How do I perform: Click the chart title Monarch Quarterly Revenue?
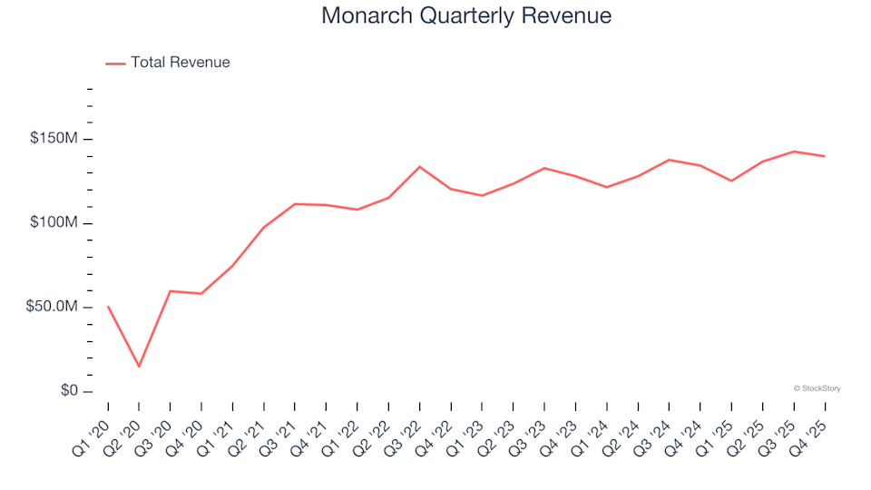pos(466,16)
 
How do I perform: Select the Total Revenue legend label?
pos(180,63)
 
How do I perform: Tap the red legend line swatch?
pos(115,64)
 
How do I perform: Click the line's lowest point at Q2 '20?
pos(139,367)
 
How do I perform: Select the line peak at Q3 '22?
pos(419,167)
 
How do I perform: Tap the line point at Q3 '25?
pos(793,152)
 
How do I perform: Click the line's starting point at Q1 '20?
pos(108,307)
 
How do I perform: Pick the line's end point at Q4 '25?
pos(824,156)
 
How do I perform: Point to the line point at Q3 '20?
pos(171,291)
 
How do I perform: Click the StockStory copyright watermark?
pos(817,388)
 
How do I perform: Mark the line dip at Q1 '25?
pos(730,181)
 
